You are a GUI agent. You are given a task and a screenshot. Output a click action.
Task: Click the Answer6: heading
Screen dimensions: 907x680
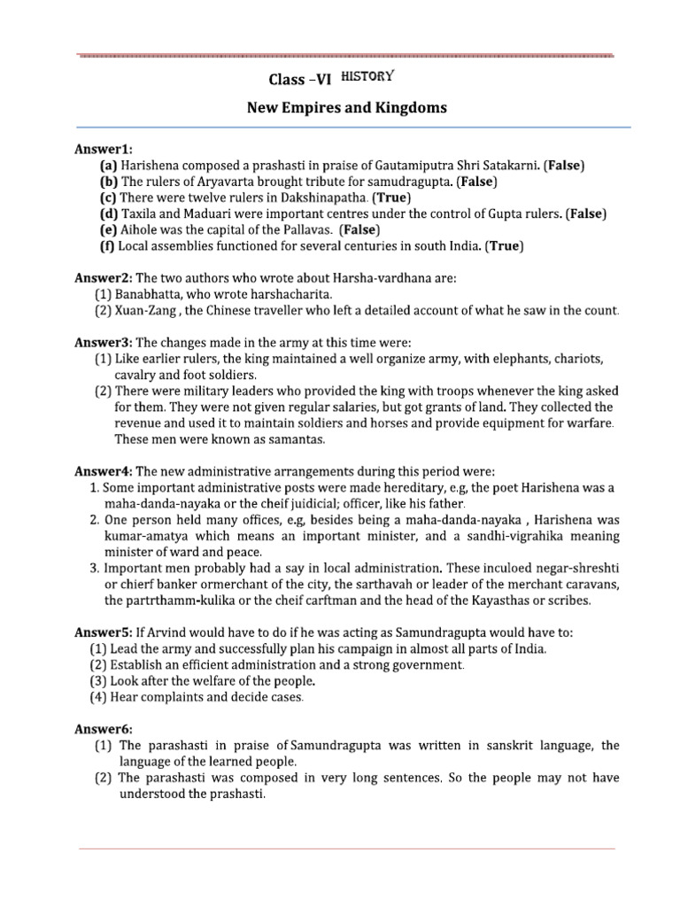tap(104, 729)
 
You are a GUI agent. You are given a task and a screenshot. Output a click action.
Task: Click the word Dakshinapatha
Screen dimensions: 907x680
tap(312, 198)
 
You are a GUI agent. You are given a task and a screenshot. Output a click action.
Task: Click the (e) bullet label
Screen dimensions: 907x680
tap(109, 229)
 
